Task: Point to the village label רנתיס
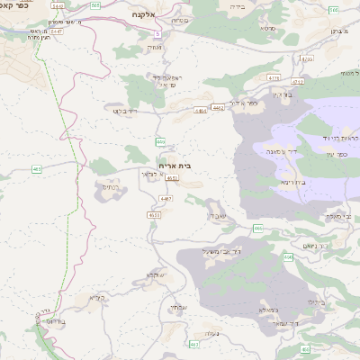(109, 186)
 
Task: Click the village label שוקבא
(151, 274)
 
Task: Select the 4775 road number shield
(273, 78)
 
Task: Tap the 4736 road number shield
(307, 59)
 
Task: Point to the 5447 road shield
(57, 30)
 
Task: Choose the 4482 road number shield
(218, 108)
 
